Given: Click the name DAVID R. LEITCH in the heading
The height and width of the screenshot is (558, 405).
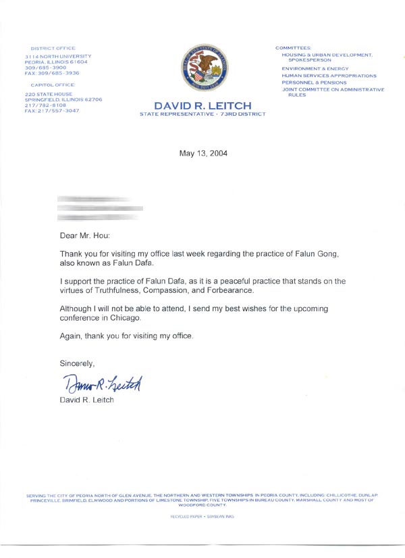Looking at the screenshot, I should (x=203, y=106).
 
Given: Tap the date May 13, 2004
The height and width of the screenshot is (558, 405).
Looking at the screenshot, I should (x=203, y=154).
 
